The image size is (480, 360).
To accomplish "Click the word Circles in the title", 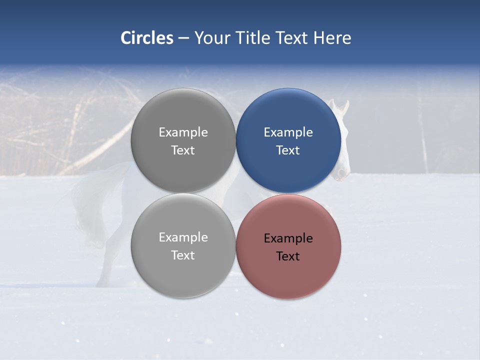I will (146, 38).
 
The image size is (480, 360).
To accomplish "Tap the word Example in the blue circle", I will (288, 132).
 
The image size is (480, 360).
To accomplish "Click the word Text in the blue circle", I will (288, 150).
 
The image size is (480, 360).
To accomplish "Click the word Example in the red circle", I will (288, 238).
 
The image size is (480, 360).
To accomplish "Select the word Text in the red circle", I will (288, 256).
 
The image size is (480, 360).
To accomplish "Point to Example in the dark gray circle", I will (183, 132).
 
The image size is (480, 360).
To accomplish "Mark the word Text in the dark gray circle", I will (183, 150).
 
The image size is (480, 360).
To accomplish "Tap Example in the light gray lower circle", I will (183, 237).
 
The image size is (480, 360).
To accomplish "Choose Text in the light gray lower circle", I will (183, 255).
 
